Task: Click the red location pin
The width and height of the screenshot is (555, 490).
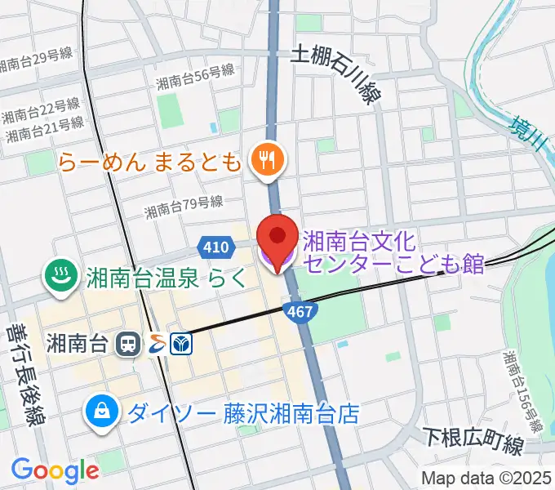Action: pos(277,239)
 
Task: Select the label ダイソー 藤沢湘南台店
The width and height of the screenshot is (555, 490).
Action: pos(242,412)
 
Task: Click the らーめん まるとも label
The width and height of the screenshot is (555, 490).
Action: pos(150,161)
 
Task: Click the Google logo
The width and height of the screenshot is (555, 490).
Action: pos(55,470)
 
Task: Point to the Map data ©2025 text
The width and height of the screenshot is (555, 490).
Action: pos(486,476)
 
